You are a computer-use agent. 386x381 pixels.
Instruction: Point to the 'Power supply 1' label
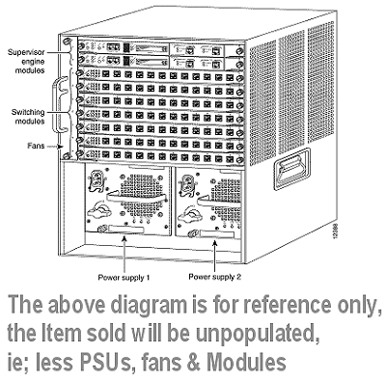(x=124, y=278)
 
